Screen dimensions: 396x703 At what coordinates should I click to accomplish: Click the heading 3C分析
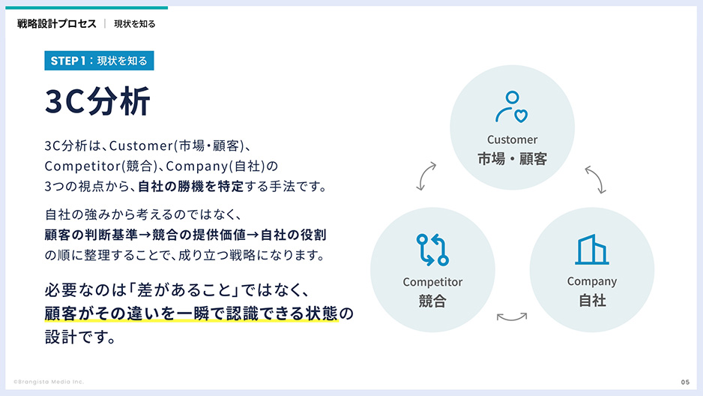click(x=97, y=103)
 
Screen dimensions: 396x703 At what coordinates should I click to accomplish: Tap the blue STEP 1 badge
click(x=99, y=61)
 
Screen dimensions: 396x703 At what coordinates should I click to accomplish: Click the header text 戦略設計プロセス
click(x=57, y=23)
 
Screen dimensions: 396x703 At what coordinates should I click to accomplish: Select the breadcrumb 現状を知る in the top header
click(x=135, y=24)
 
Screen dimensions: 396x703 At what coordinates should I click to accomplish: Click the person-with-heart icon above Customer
click(x=512, y=106)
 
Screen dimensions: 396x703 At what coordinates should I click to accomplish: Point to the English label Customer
click(x=512, y=139)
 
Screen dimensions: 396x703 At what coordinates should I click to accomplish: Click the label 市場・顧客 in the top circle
click(x=512, y=159)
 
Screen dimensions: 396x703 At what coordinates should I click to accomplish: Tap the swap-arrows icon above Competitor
click(x=432, y=250)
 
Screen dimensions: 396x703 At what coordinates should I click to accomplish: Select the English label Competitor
click(x=432, y=282)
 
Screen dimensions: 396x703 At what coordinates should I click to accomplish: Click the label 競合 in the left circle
click(x=432, y=301)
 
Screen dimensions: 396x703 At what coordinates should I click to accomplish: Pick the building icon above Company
click(x=591, y=250)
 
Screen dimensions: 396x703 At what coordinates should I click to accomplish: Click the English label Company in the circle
click(x=591, y=281)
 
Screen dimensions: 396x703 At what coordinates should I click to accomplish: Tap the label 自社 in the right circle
click(x=591, y=301)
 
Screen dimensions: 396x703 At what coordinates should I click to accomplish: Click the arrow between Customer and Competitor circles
click(x=426, y=175)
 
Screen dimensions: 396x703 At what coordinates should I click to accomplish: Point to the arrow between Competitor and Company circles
click(x=512, y=317)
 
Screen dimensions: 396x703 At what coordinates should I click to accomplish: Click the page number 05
click(x=684, y=382)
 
